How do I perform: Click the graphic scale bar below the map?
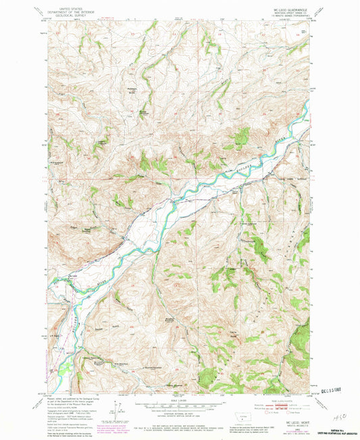click(x=174, y=408)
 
